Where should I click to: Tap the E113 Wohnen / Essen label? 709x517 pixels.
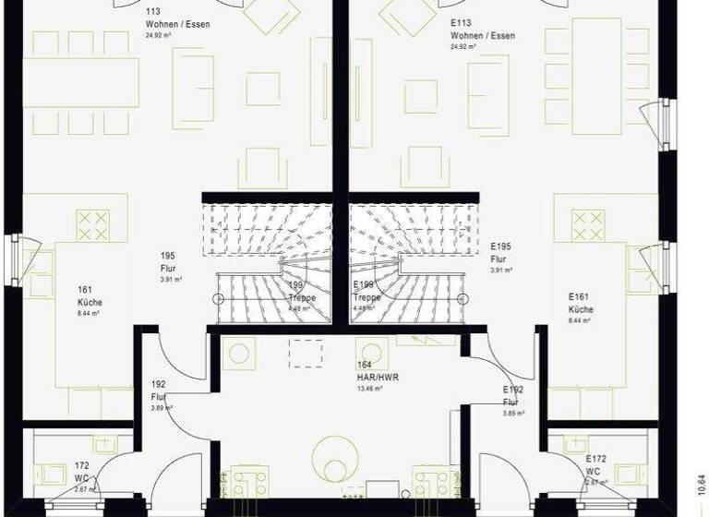[481, 29]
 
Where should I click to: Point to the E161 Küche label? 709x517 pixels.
[581, 304]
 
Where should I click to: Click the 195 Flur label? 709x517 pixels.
[168, 262]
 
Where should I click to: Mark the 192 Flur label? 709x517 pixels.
[160, 391]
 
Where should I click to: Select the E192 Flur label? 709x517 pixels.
[513, 396]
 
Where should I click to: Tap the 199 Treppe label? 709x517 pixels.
[300, 293]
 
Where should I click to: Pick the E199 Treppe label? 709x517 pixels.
[367, 293]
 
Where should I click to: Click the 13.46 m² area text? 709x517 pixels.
[370, 389]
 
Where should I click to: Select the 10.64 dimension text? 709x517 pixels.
[699, 484]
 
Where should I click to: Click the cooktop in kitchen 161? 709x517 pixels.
[92, 225]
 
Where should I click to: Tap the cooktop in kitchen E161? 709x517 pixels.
[588, 225]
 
